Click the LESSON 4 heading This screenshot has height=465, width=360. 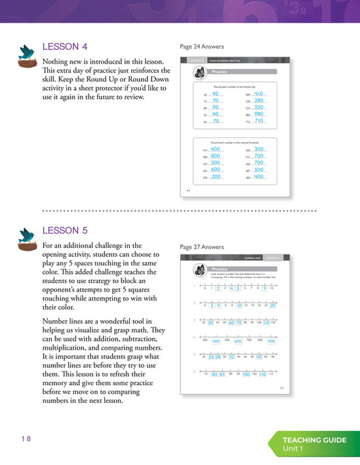coord(65,47)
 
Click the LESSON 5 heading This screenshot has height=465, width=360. coord(65,231)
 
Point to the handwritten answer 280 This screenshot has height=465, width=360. coord(258,100)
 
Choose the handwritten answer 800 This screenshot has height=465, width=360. coord(214,156)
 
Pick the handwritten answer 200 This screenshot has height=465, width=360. coord(214,177)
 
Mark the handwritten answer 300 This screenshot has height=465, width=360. coord(258,149)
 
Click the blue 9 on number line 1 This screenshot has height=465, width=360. coord(264,288)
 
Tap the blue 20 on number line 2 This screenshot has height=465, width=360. coord(272,305)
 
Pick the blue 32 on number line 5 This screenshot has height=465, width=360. coord(232,356)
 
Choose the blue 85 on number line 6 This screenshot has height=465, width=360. coord(222,375)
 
